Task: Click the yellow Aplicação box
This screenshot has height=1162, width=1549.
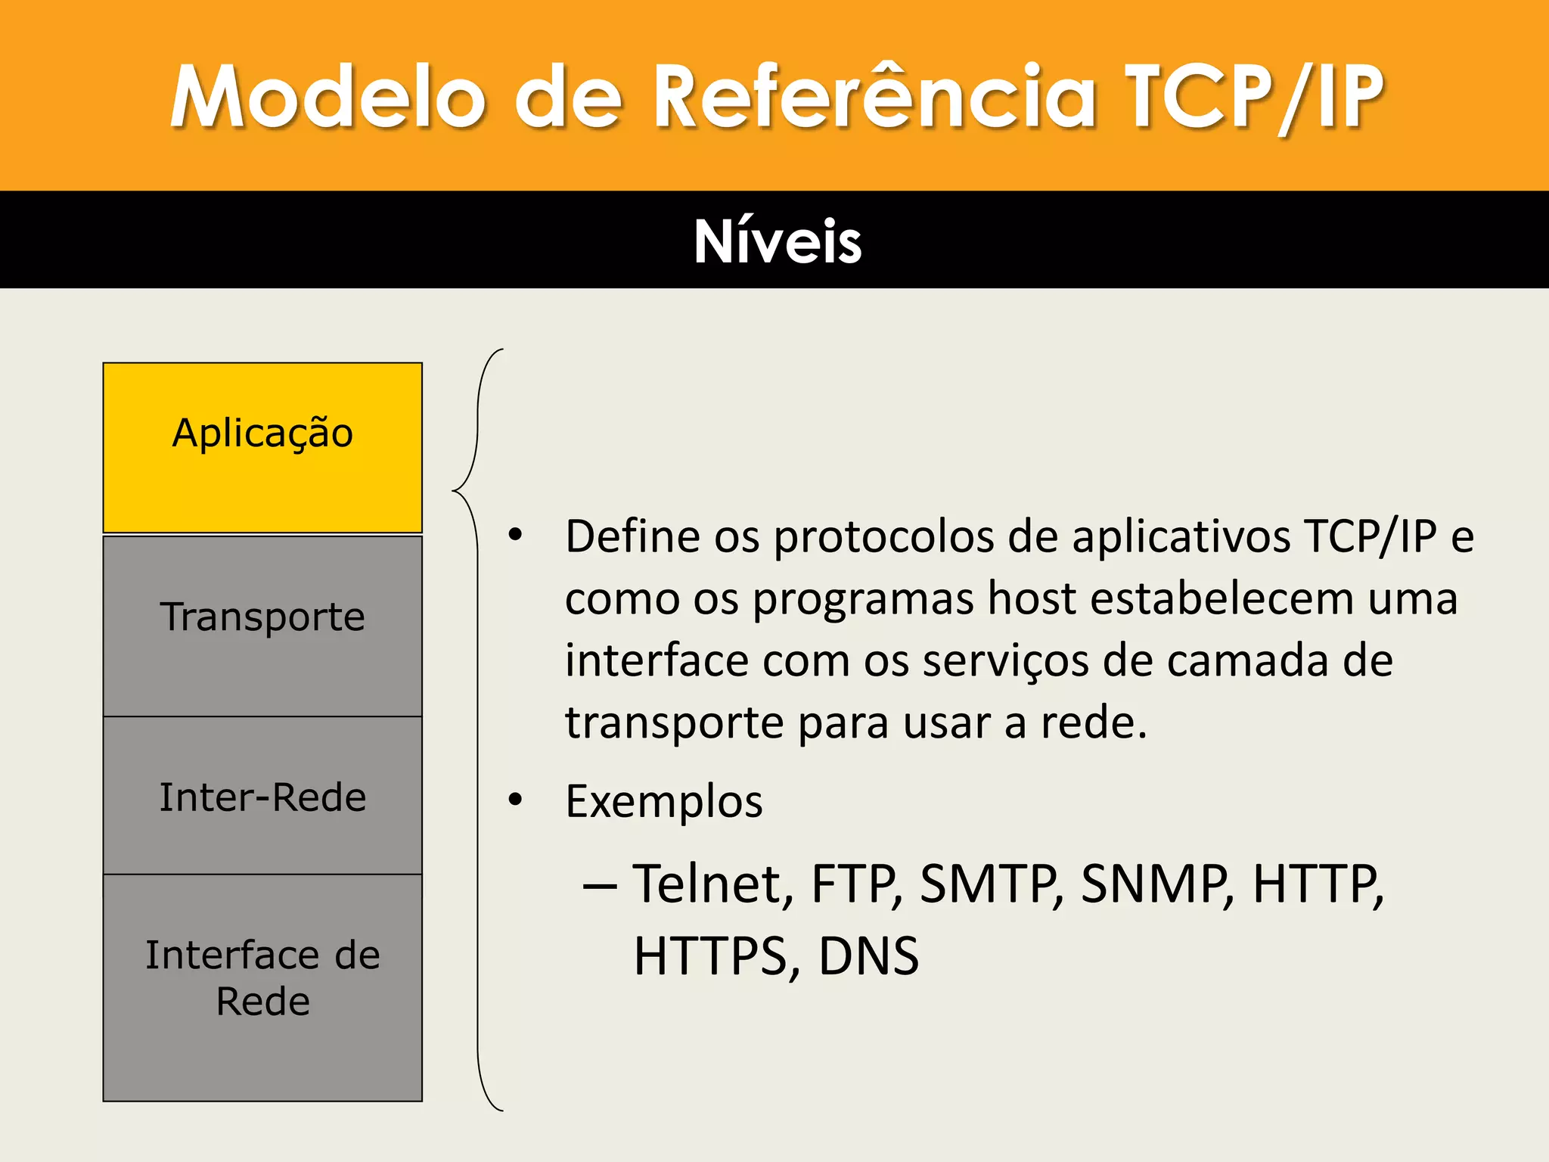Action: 262,447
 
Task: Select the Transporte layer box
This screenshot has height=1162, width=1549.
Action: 262,625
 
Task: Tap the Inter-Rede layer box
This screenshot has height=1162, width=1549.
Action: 262,796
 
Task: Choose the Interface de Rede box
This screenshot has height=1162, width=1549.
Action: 262,986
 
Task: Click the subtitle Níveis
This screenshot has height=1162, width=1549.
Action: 778,241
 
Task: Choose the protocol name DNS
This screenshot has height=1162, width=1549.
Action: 868,956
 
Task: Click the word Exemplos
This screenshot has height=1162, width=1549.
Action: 664,802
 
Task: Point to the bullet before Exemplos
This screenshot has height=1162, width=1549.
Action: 516,800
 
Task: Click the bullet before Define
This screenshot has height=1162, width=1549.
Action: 516,535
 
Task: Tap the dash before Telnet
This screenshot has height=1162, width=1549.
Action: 600,885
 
